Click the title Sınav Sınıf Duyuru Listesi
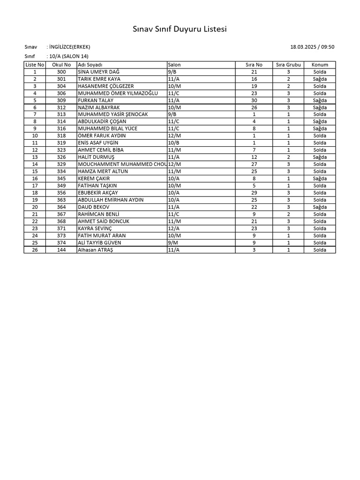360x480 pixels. (x=180, y=30)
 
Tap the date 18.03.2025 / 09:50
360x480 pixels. (x=312, y=47)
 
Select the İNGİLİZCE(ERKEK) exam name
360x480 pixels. (x=69, y=47)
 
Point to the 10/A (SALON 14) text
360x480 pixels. (x=68, y=56)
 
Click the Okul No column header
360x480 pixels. (x=61, y=65)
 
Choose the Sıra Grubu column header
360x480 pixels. (x=288, y=65)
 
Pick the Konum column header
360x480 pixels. (x=320, y=65)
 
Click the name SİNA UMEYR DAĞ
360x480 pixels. (x=99, y=72)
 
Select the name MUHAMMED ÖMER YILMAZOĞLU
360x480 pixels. (x=118, y=93)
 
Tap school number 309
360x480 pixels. (x=61, y=100)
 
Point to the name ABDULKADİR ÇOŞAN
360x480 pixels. (x=102, y=121)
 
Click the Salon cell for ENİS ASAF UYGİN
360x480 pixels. (x=173, y=143)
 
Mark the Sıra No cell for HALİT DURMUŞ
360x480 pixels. (x=254, y=157)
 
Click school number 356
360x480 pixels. (x=61, y=193)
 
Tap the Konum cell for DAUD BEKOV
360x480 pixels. (x=320, y=207)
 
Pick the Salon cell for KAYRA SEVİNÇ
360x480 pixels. (x=173, y=228)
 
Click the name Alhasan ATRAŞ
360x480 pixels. (x=96, y=250)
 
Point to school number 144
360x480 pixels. (x=61, y=250)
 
